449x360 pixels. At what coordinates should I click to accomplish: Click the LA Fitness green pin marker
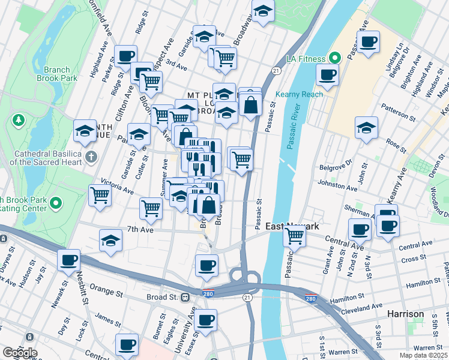[335, 58]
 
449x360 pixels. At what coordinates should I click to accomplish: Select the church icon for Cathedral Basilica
[91, 158]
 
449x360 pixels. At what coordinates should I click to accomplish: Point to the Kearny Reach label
[299, 94]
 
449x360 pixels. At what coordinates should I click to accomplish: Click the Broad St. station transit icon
[185, 297]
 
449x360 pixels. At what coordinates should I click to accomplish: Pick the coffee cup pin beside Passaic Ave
[369, 43]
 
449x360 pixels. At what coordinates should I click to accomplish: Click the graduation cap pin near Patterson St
[366, 128]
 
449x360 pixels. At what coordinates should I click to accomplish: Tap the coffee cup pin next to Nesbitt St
[70, 261]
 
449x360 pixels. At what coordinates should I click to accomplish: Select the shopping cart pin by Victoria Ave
[100, 194]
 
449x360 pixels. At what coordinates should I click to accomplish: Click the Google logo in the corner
[19, 352]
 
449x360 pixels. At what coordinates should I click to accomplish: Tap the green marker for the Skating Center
[56, 204]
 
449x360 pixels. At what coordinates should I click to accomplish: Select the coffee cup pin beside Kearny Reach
[327, 75]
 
